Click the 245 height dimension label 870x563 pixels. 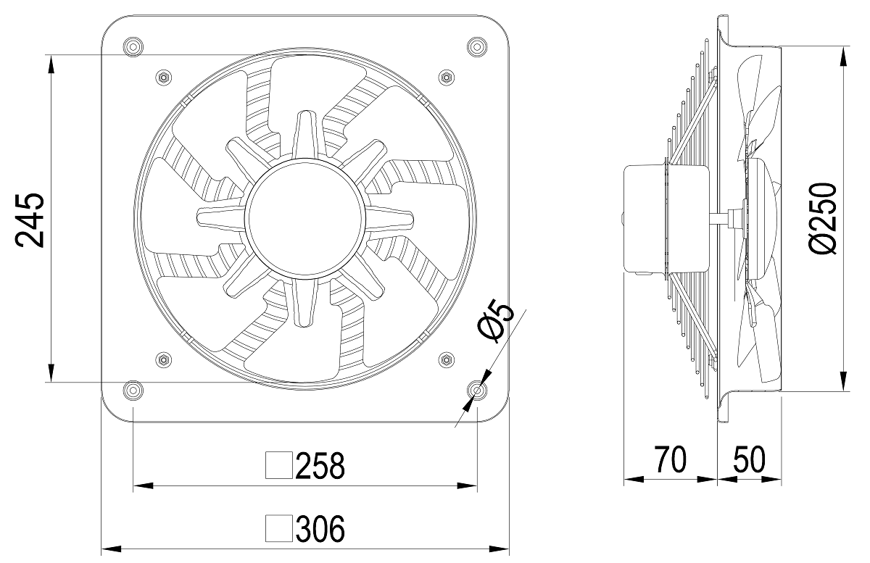coord(30,220)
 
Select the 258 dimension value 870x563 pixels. coord(320,465)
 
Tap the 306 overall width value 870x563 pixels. coord(320,528)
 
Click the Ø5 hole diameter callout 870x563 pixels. coord(496,321)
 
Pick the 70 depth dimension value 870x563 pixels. coord(671,459)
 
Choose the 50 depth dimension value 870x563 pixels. coord(749,459)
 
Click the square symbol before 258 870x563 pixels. coord(279,465)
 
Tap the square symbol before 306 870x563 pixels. coord(279,528)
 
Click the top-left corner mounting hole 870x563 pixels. coord(133,47)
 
